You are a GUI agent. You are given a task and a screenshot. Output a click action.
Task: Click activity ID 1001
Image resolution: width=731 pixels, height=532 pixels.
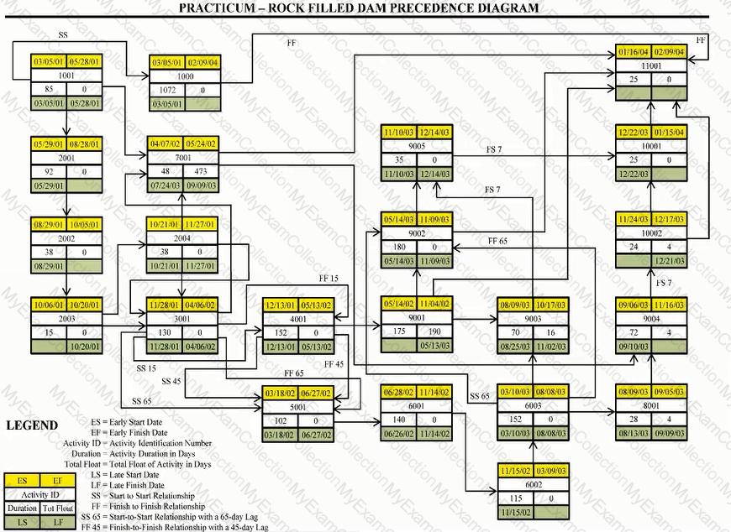click(x=66, y=75)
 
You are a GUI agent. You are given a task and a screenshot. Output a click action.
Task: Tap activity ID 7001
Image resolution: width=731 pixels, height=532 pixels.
click(x=183, y=158)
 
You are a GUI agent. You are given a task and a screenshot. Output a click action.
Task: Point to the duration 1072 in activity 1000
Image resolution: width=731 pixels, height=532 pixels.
click(x=167, y=90)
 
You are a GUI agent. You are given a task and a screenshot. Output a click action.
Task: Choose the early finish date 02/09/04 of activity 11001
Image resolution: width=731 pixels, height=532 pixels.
click(x=670, y=52)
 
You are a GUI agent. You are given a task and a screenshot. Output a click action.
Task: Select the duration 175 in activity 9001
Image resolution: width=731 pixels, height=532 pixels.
click(x=399, y=331)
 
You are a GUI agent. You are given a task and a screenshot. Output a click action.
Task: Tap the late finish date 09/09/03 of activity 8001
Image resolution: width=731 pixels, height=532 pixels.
click(x=670, y=434)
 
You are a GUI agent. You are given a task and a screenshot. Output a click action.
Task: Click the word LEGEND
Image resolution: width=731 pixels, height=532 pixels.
click(x=32, y=425)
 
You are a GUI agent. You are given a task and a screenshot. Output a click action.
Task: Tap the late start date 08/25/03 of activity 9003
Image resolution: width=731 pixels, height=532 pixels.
click(x=515, y=345)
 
